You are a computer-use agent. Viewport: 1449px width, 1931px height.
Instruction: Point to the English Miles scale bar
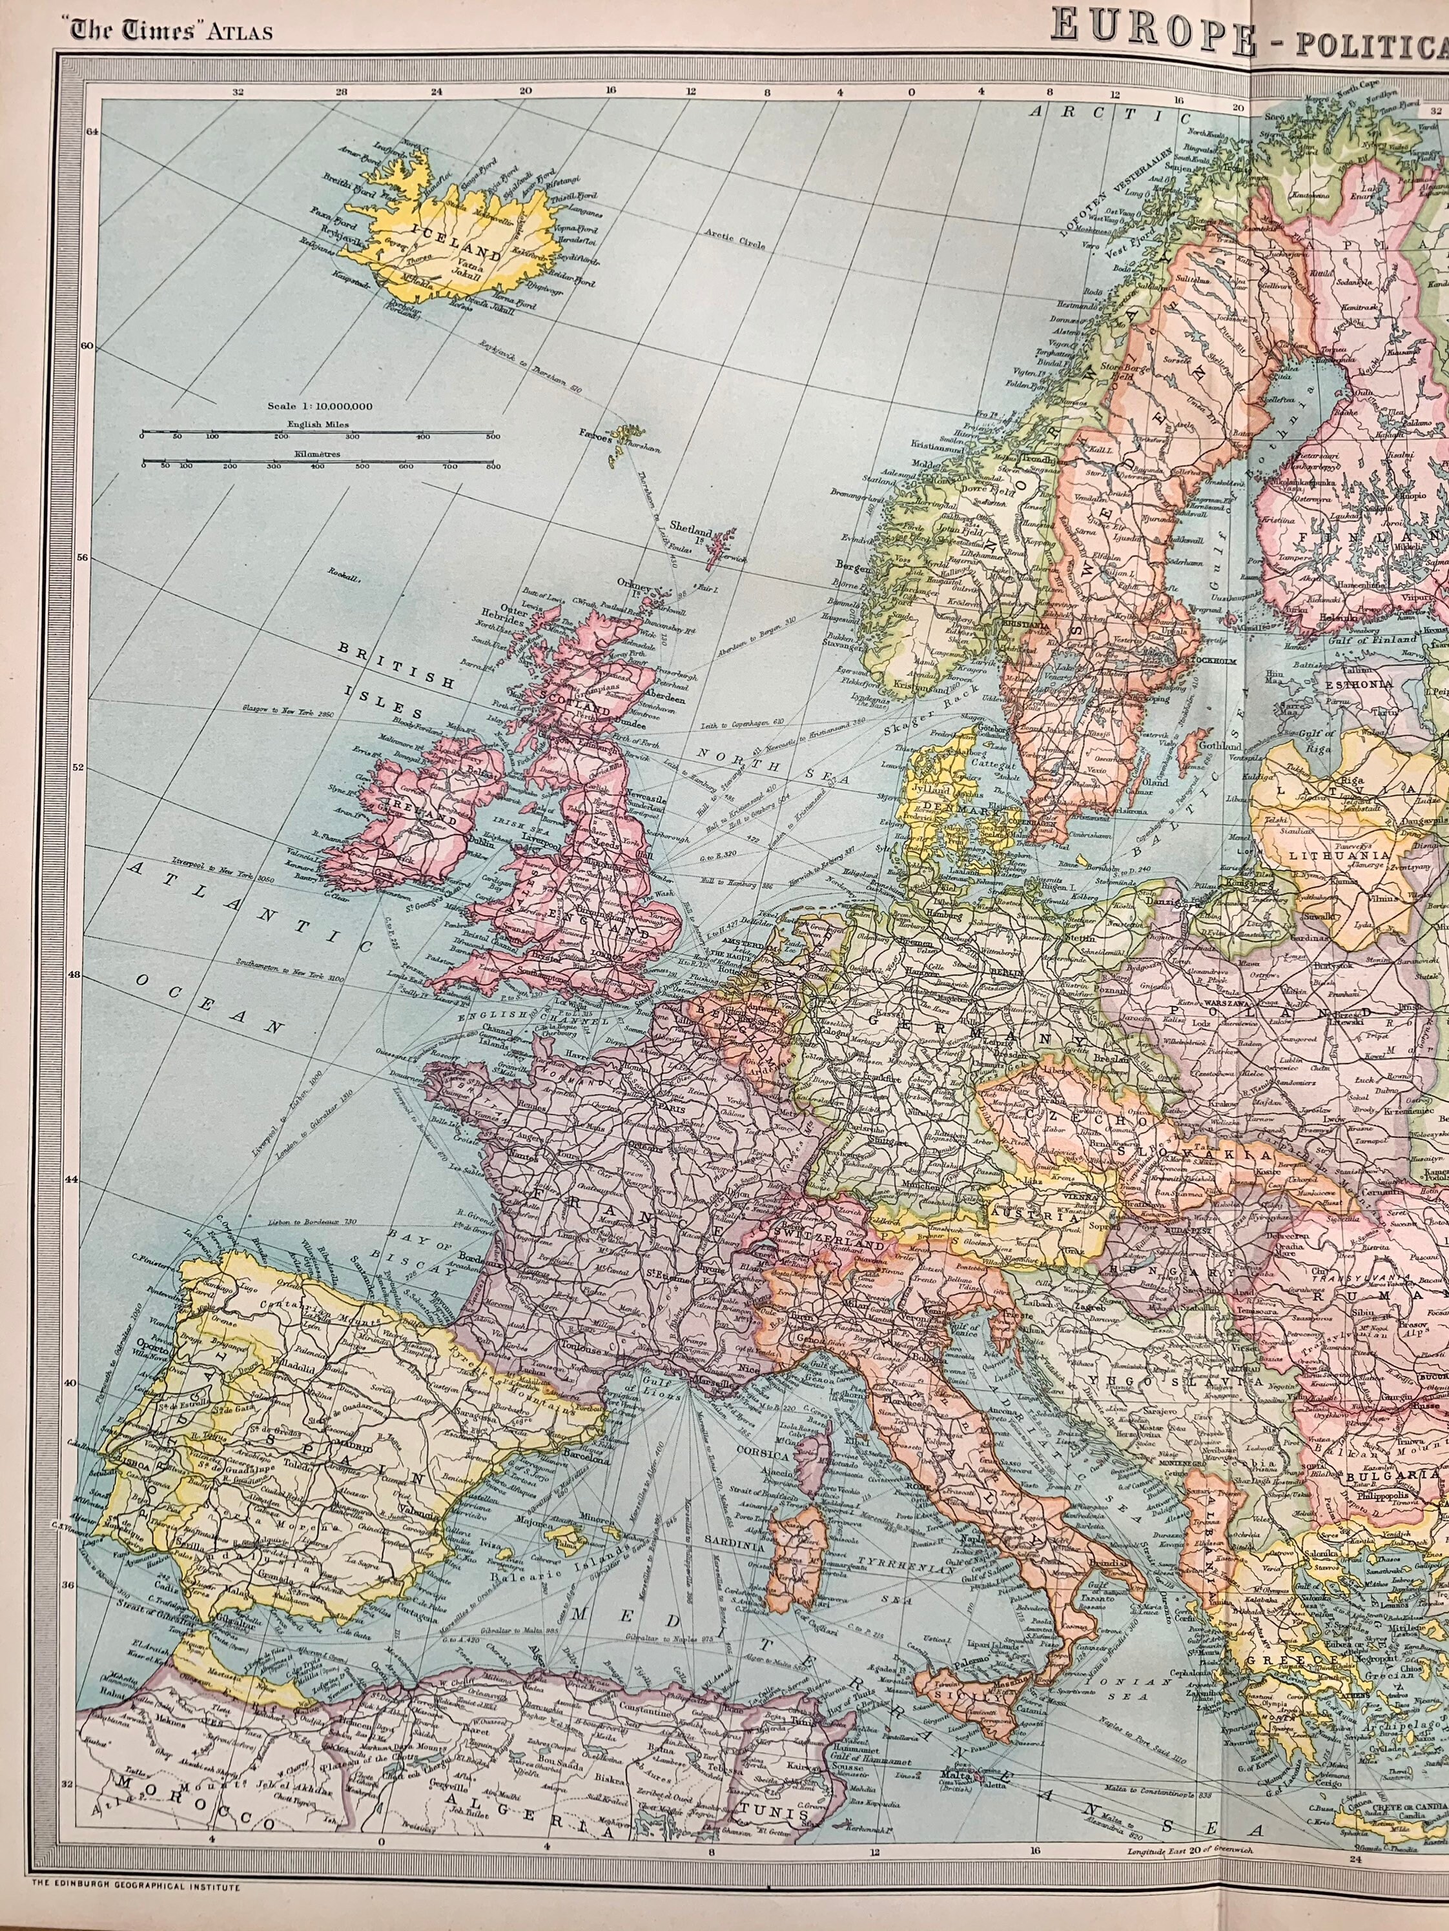pyautogui.click(x=317, y=433)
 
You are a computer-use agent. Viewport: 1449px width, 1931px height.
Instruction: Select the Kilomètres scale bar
pyautogui.click(x=317, y=465)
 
